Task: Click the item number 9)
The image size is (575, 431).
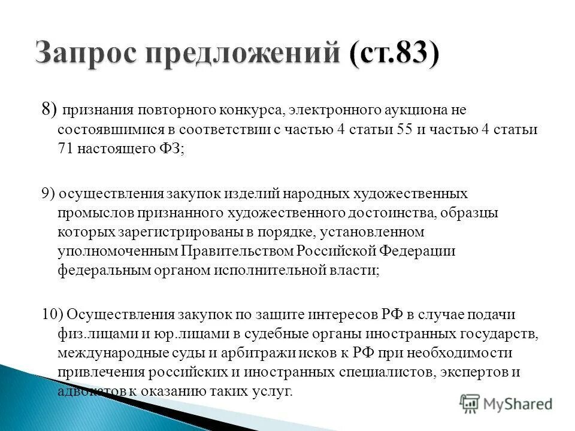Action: [50, 193]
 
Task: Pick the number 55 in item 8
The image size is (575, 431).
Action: [405, 130]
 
